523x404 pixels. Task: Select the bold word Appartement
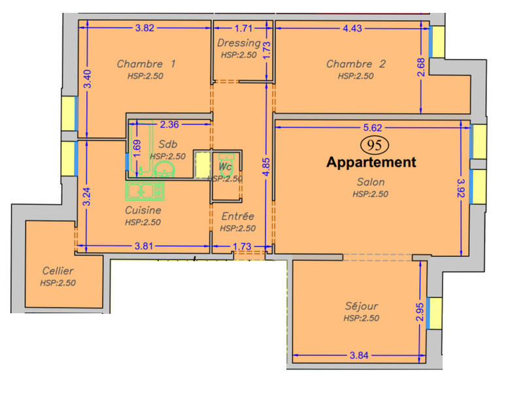pyautogui.click(x=371, y=162)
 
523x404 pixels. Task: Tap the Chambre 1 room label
pyautogui.click(x=146, y=64)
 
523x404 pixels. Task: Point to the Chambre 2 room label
pyautogui.click(x=356, y=64)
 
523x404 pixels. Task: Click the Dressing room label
pyautogui.click(x=239, y=44)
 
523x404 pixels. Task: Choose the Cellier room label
pyautogui.click(x=58, y=271)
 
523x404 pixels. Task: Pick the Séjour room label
pyautogui.click(x=362, y=306)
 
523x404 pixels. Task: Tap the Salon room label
pyautogui.click(x=371, y=182)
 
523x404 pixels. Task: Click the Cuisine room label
pyautogui.click(x=143, y=210)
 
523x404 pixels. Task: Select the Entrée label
pyautogui.click(x=237, y=216)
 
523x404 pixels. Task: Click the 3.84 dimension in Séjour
pyautogui.click(x=360, y=356)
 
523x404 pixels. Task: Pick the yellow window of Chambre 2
pyautogui.click(x=437, y=41)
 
